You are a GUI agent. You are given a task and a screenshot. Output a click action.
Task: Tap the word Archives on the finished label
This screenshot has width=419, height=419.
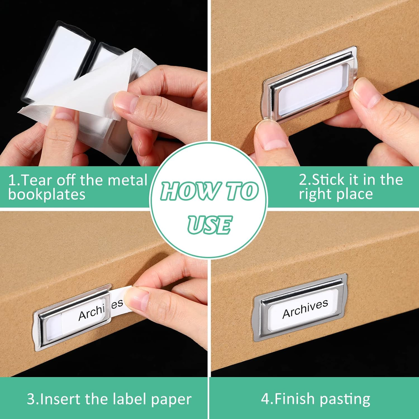pyautogui.click(x=305, y=309)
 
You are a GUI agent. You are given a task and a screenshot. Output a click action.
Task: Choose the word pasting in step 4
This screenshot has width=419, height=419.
pyautogui.click(x=345, y=399)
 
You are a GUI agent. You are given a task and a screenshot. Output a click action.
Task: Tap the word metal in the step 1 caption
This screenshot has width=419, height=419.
pyautogui.click(x=129, y=180)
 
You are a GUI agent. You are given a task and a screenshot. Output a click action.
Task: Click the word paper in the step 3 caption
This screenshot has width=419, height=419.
pyautogui.click(x=170, y=399)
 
